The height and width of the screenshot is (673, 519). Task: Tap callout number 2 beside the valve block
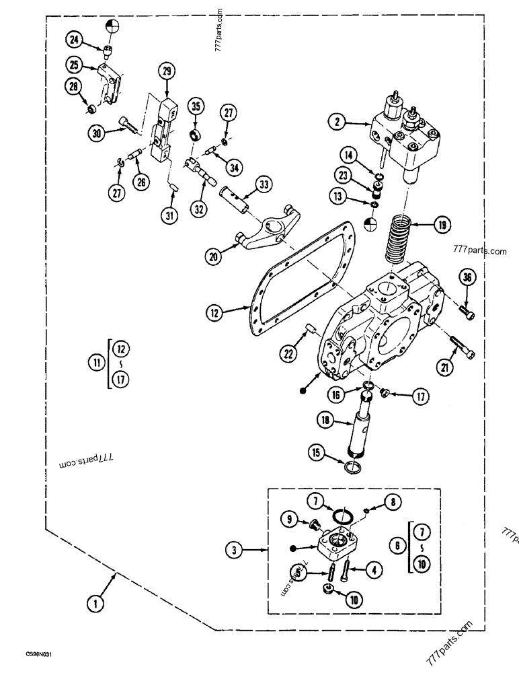336,122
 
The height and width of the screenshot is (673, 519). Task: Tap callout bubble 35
195,106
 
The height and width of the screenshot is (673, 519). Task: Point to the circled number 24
75,41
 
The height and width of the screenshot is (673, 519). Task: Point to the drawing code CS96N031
40,653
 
